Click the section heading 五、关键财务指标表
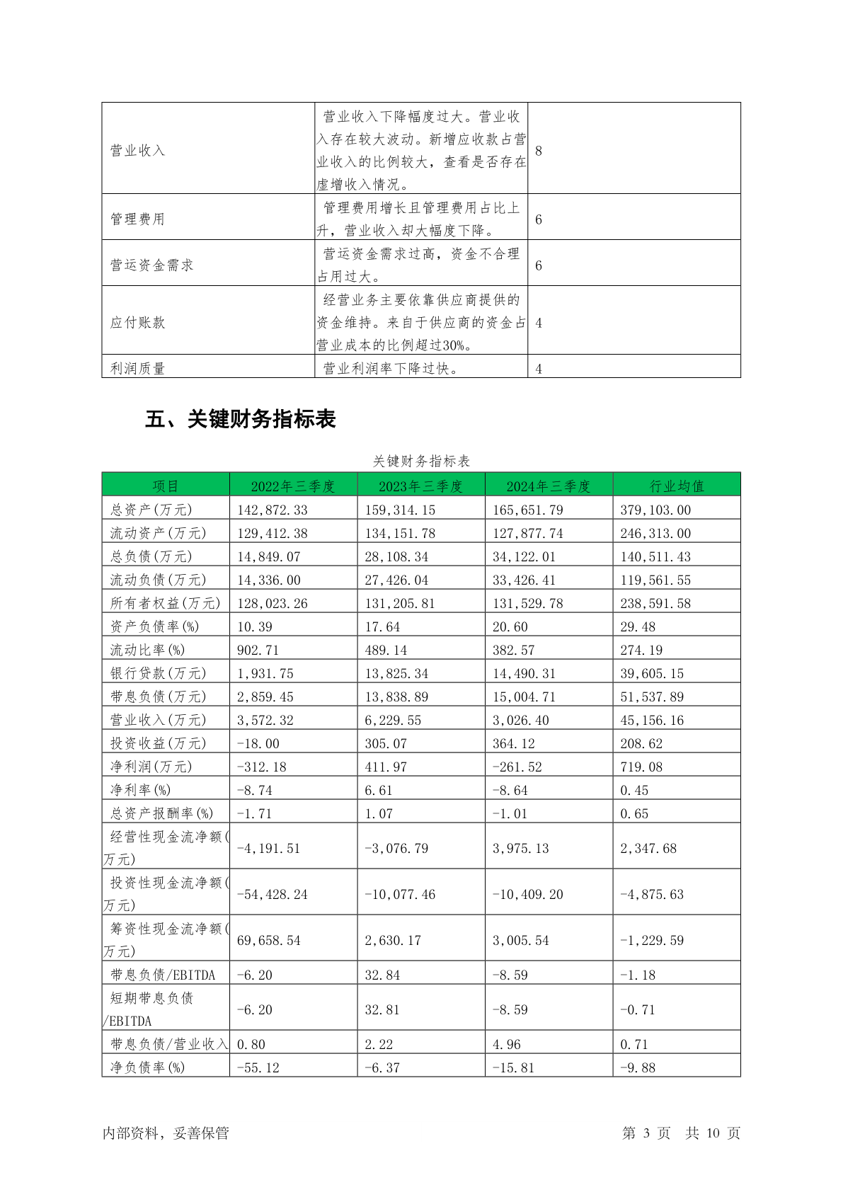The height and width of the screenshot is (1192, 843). coord(240,419)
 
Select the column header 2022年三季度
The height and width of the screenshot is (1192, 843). coord(293,486)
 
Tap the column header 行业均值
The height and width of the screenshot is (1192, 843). coord(677,486)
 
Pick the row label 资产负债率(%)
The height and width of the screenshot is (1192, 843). coord(154,626)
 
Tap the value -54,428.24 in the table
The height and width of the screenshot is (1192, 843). coord(272,894)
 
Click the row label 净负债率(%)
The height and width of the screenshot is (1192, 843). coord(147,1067)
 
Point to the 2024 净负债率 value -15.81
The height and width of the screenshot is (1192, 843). coord(513,1067)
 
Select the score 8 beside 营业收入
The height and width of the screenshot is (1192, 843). coord(539,151)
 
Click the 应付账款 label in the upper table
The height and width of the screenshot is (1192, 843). coord(137,323)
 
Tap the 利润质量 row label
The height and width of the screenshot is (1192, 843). coord(137,368)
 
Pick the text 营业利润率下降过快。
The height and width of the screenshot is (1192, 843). coord(391,368)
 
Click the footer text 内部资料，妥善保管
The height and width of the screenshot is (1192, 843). coord(166,1133)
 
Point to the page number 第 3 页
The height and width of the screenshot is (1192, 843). coord(646,1133)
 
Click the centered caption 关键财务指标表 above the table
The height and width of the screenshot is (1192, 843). coord(421,462)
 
